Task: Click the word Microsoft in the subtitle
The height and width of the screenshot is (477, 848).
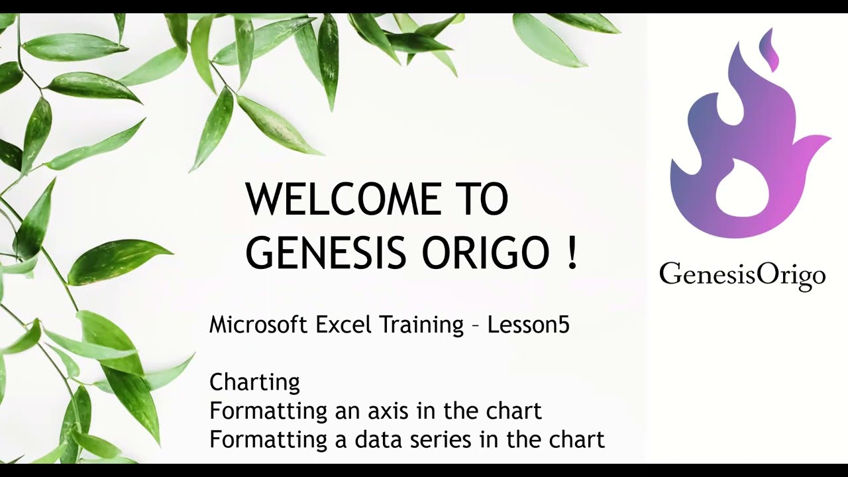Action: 258,325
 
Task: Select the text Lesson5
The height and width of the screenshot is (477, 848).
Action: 528,325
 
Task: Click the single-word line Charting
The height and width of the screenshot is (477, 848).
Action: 254,383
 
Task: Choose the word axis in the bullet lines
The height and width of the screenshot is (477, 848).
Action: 389,411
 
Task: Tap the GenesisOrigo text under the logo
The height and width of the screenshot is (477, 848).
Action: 742,274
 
